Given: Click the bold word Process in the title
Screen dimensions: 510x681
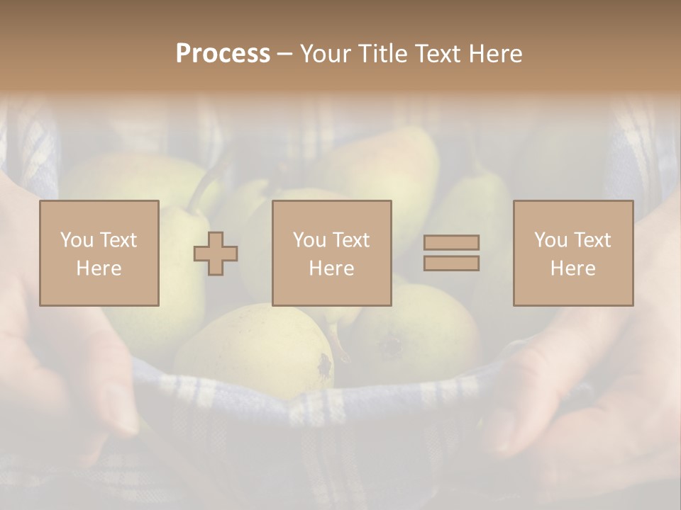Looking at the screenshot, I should (223, 54).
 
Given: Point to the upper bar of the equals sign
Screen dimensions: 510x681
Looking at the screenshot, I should (451, 243).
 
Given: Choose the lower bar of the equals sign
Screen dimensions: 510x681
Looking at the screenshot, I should (451, 263).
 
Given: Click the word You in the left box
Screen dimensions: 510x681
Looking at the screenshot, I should (76, 240).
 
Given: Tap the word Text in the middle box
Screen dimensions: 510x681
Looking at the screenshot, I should (352, 240).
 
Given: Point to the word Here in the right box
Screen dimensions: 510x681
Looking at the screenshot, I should (573, 268).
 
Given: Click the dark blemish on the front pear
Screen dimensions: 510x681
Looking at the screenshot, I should (325, 365).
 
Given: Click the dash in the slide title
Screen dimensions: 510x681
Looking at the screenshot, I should (284, 54).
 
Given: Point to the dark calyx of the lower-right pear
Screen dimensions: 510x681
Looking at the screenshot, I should (391, 345).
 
